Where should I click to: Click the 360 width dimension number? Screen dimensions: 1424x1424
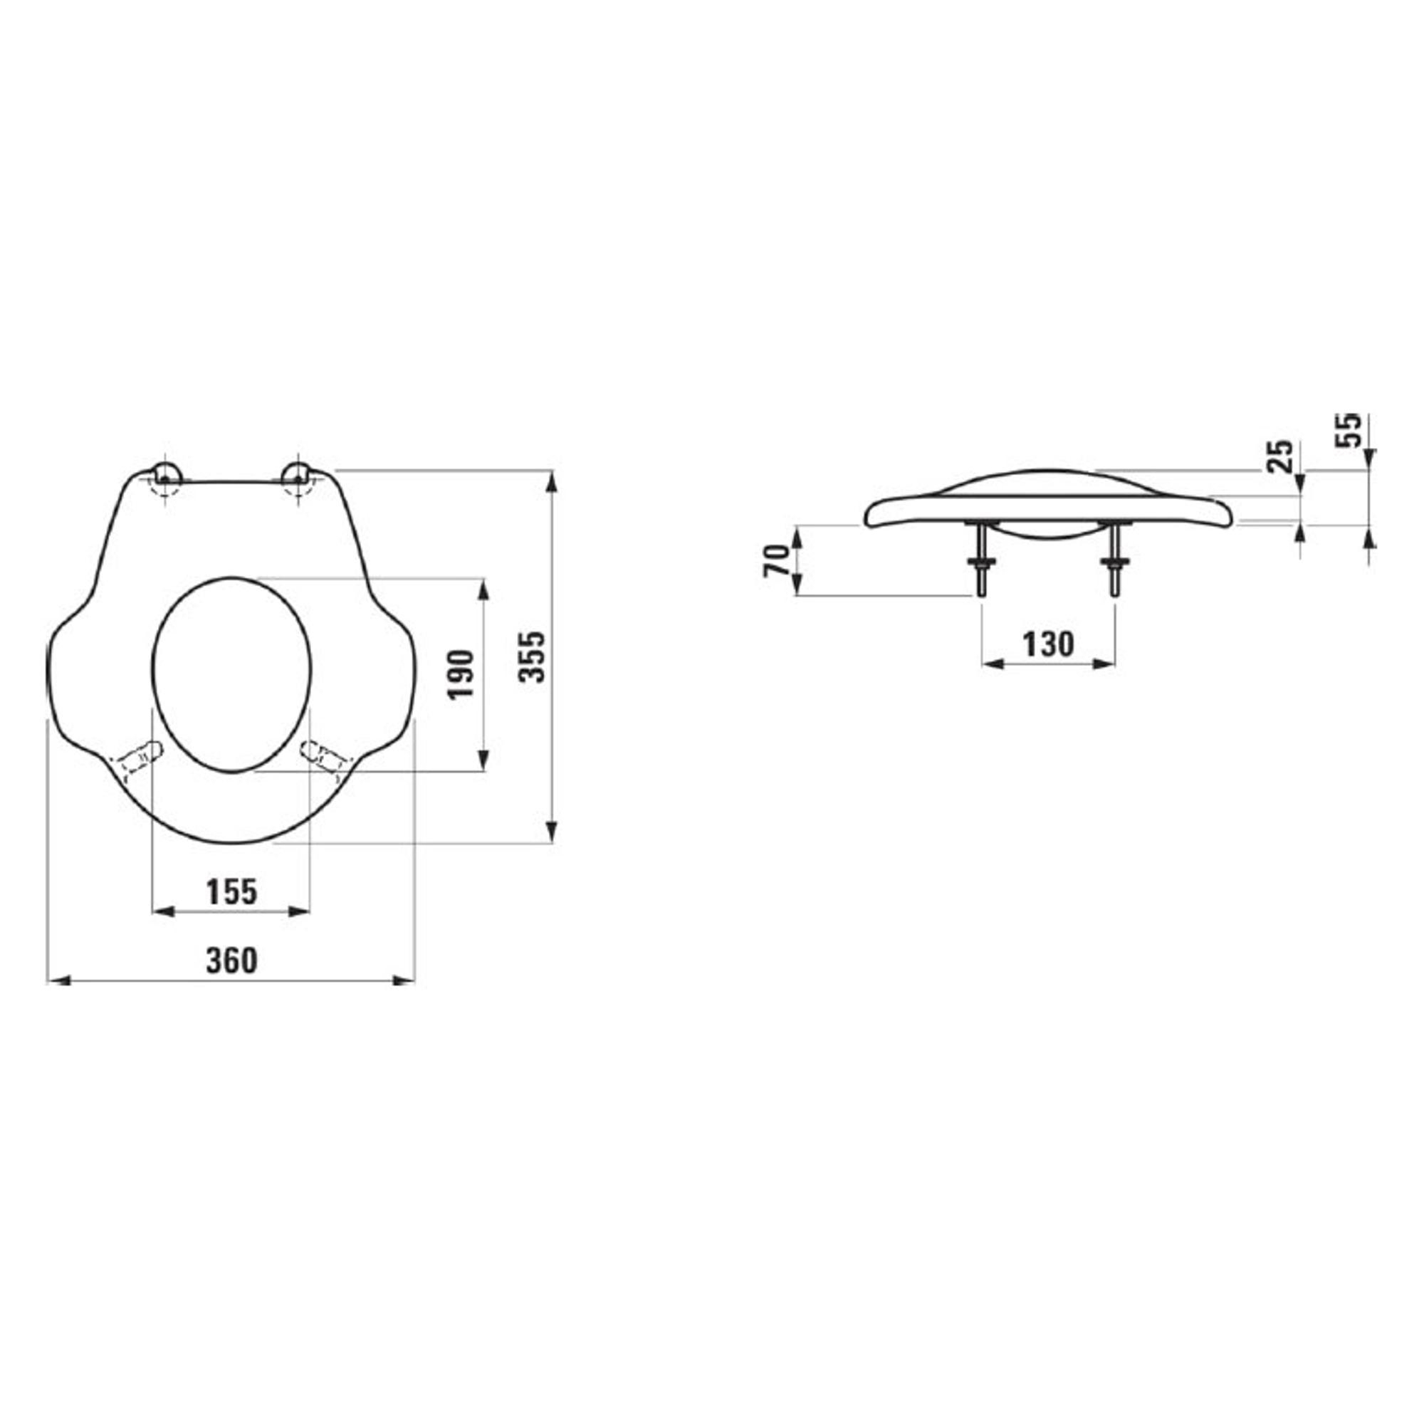[x=231, y=961]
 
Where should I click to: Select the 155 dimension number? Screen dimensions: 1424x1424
[x=231, y=893]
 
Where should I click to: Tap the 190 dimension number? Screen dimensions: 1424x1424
[x=461, y=675]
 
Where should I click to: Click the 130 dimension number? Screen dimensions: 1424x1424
[x=1048, y=645]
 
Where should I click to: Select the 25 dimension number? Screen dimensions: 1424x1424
[x=1279, y=456]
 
